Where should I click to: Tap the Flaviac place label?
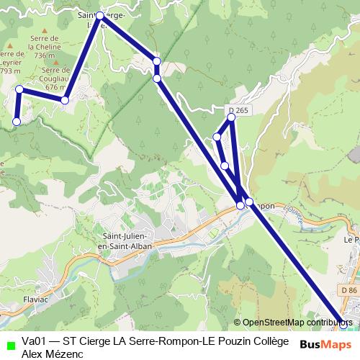point(35,298)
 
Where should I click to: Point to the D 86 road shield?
point(350,289)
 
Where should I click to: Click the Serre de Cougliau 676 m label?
point(56,78)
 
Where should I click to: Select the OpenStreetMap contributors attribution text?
point(297,323)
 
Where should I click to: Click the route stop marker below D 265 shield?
point(231,117)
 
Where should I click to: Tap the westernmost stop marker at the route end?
point(17,122)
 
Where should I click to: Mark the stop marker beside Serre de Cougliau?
point(65,100)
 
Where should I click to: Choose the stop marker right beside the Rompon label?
point(249,202)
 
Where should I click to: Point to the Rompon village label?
point(264,205)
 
